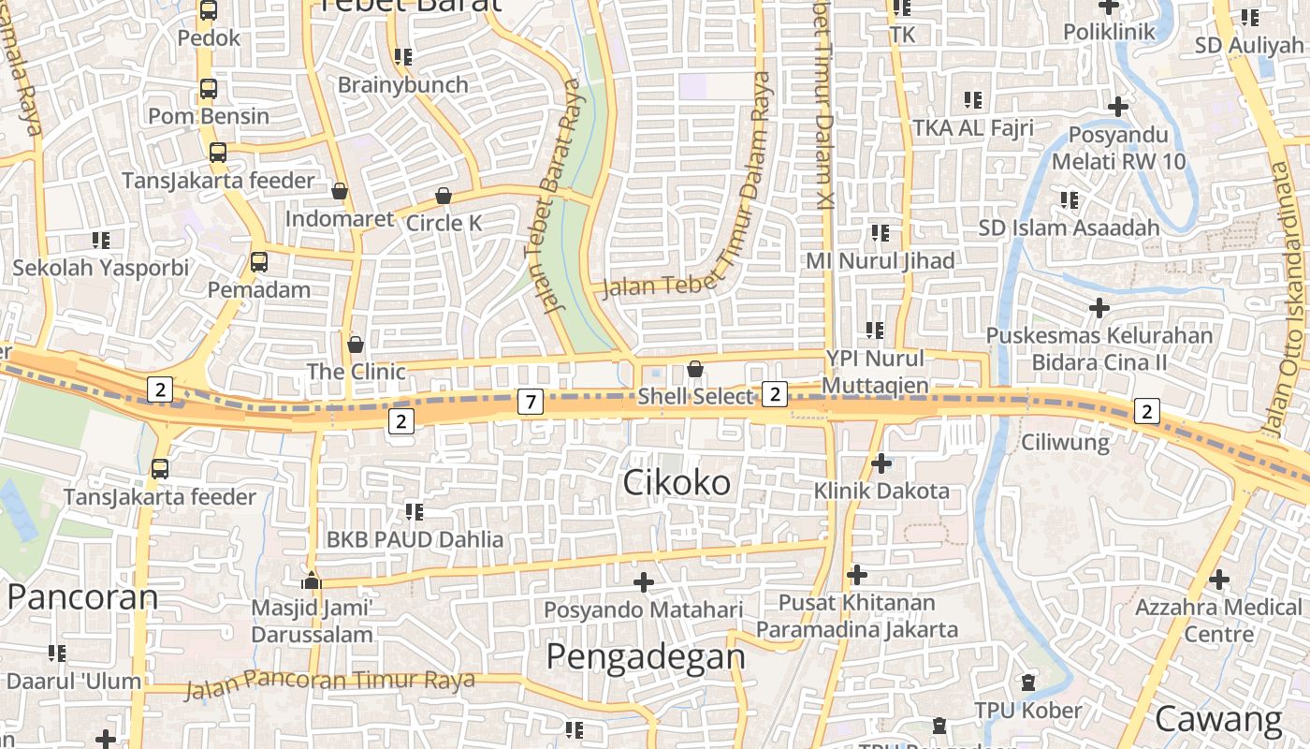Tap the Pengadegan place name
[646, 656]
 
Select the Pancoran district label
[82, 596]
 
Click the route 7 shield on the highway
[531, 403]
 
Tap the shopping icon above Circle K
[444, 197]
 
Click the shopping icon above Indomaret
[340, 191]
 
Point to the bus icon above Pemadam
[259, 262]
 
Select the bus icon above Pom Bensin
[209, 90]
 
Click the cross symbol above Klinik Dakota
[881, 463]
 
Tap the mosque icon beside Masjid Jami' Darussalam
[312, 581]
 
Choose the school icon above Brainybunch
[403, 57]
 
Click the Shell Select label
[695, 397]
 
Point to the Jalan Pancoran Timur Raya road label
[329, 683]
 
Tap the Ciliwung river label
[1065, 442]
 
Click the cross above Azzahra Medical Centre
[1218, 580]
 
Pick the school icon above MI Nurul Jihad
[880, 232]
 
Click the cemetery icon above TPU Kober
[1029, 682]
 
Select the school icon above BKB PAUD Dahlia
[415, 511]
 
